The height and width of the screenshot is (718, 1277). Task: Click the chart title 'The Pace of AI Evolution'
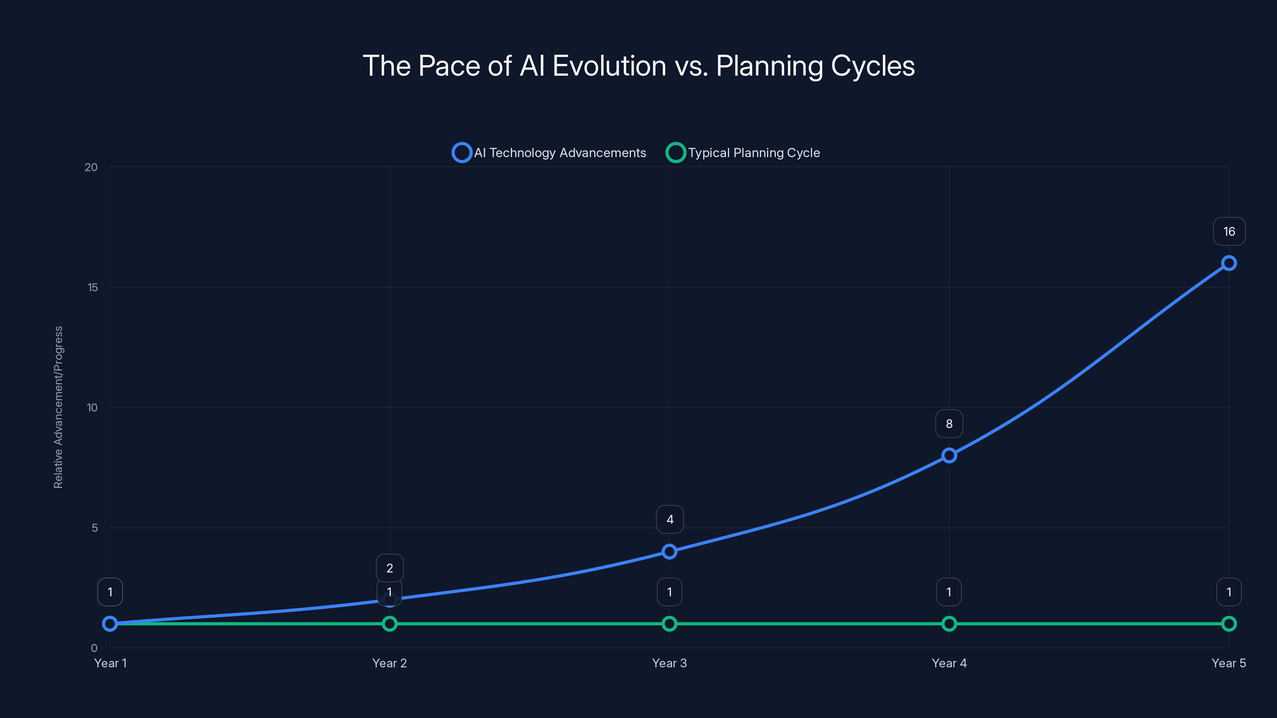[x=638, y=66]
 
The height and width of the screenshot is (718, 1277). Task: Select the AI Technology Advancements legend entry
[x=549, y=153]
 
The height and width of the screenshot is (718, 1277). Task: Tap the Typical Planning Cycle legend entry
[x=743, y=153]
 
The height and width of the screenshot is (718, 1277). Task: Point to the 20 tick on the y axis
[x=91, y=167]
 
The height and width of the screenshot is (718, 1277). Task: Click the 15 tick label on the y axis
[x=92, y=287]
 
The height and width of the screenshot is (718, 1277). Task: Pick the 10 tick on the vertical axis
[x=92, y=408]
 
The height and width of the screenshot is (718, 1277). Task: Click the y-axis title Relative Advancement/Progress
[x=59, y=407]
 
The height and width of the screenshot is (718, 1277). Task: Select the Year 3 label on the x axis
[x=669, y=663]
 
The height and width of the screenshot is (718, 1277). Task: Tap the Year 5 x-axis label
[x=1228, y=663]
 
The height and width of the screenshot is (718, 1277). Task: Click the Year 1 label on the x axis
[x=111, y=663]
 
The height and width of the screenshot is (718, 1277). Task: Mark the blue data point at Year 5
[x=1228, y=263]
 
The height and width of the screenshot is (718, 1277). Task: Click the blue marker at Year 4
[x=949, y=456]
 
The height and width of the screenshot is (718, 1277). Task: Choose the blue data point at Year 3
[x=669, y=552]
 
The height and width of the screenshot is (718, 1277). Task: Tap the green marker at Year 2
[x=389, y=623]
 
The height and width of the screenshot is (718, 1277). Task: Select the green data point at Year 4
[x=949, y=623]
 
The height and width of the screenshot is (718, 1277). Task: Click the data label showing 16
[x=1228, y=231]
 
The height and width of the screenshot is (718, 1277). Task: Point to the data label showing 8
[x=949, y=424]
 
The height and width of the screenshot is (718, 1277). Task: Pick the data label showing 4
[x=670, y=519]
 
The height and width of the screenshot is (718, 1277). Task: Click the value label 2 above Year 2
[x=389, y=568]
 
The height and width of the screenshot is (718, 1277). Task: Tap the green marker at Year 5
[x=1228, y=623]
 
